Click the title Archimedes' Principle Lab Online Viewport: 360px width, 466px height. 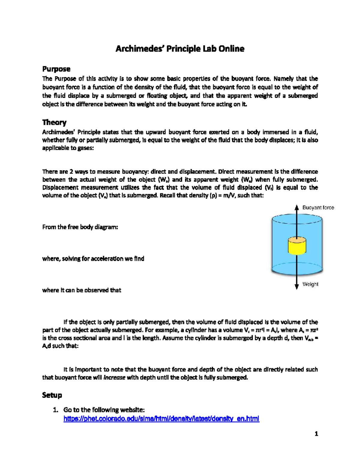[180, 49]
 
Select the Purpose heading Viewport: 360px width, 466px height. [56, 69]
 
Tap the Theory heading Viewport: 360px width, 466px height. [54, 122]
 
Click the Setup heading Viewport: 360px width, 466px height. [52, 395]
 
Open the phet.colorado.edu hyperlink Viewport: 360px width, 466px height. [161, 419]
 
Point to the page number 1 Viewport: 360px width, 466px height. [316, 434]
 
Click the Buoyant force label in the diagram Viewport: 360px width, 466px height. [318, 208]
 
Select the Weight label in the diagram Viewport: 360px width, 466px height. [310, 284]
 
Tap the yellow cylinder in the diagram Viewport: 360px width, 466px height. [297, 246]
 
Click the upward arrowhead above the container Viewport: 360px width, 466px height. [297, 207]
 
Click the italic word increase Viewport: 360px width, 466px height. [114, 377]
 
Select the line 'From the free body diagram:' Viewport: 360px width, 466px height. [80, 227]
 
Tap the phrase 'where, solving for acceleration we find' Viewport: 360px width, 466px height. [93, 259]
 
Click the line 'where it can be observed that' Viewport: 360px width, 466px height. [82, 290]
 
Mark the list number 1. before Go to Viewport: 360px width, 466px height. [55, 410]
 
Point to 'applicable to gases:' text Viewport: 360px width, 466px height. [68, 148]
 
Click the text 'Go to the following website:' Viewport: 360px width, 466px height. [104, 410]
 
